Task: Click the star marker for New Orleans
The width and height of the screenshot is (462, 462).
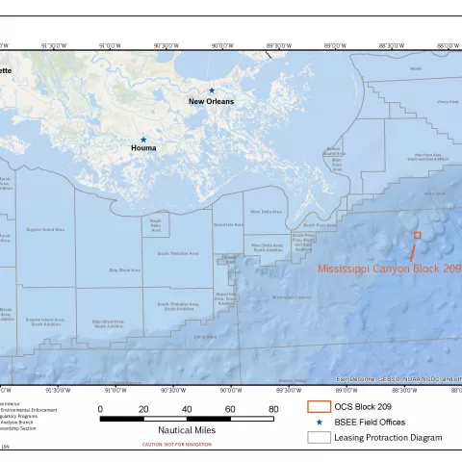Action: [x=212, y=90]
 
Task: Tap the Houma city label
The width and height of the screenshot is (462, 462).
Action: [x=143, y=148]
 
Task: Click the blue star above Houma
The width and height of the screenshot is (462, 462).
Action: [x=143, y=139]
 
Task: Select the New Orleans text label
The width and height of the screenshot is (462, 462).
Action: [x=211, y=101]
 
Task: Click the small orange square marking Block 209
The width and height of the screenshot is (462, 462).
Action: [x=417, y=235]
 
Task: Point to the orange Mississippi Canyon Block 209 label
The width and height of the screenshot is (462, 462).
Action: [x=390, y=269]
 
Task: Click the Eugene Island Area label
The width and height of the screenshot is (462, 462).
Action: [x=46, y=230]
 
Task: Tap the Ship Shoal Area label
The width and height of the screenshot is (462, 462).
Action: [x=125, y=270]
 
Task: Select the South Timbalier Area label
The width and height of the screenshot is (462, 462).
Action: [x=178, y=254]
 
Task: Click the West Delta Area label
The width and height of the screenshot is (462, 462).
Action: [x=266, y=212]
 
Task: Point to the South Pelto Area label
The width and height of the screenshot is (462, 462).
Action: [x=156, y=225]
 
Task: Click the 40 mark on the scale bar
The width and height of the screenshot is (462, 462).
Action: [x=187, y=409]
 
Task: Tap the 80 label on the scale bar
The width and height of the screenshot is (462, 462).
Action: [x=273, y=409]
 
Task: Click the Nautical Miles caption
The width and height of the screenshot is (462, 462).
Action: [x=186, y=430]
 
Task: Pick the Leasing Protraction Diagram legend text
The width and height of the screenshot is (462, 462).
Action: [x=388, y=437]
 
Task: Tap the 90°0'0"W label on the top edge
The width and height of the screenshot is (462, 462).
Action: [x=222, y=45]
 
